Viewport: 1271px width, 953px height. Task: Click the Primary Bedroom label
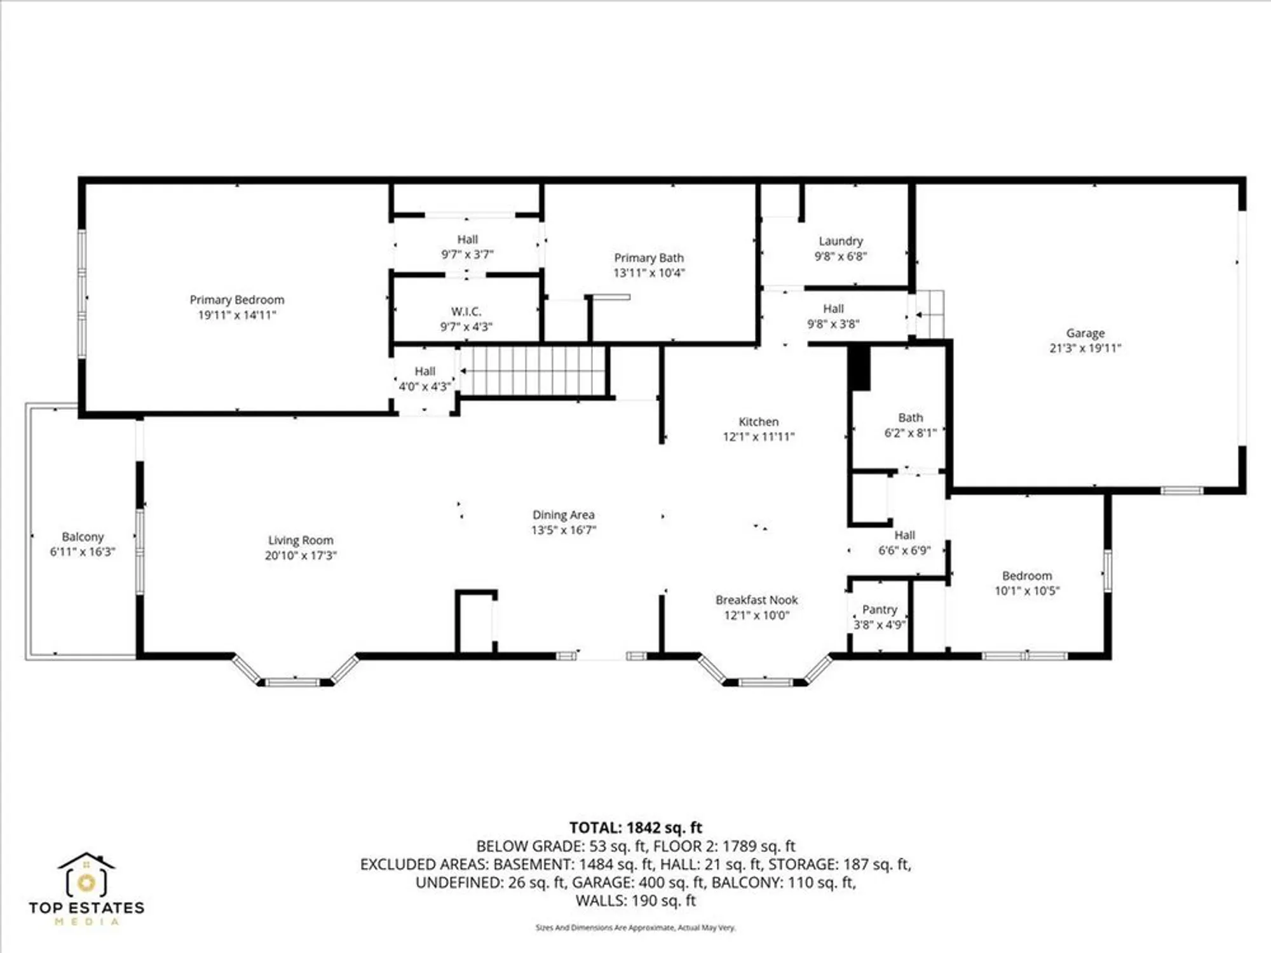(237, 300)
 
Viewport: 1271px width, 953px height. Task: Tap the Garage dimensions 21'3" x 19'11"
(1085, 348)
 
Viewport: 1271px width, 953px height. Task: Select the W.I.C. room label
(466, 312)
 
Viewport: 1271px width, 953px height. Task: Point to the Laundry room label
(840, 241)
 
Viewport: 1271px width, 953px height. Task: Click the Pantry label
(880, 610)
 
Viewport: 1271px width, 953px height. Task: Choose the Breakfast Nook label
(756, 600)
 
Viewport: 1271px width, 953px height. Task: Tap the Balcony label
(83, 537)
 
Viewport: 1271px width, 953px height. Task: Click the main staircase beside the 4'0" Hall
(534, 371)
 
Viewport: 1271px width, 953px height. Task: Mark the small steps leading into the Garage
(930, 314)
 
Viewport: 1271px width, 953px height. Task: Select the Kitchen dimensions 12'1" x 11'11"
(758, 437)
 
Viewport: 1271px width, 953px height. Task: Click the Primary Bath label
(649, 258)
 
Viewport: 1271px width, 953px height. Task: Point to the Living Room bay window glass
(292, 682)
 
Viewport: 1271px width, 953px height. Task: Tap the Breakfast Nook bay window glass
(766, 682)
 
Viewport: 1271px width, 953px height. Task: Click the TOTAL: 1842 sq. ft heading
(635, 828)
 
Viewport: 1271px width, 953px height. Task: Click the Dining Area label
(563, 515)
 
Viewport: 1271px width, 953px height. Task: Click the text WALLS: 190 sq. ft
(635, 900)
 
